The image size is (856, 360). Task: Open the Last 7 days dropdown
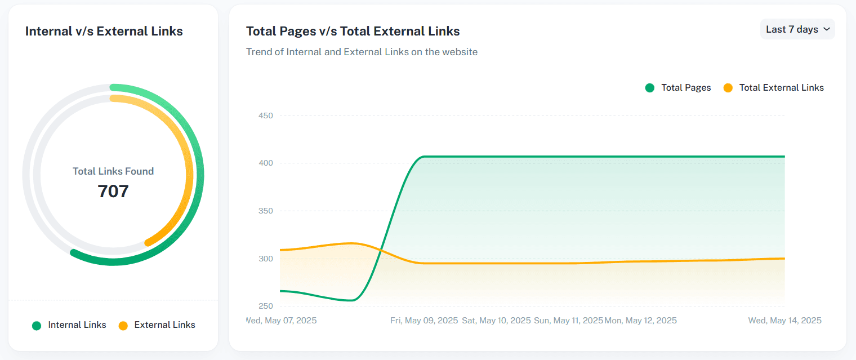[797, 29]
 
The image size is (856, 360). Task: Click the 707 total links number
[113, 192]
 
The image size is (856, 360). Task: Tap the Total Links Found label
[113, 171]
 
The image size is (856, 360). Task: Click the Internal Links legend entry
[69, 325]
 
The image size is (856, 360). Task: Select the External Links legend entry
[157, 325]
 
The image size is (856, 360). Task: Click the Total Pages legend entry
[678, 88]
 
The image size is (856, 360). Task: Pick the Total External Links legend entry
[773, 88]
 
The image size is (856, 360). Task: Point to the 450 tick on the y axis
[266, 115]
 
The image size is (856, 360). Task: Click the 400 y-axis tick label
[266, 163]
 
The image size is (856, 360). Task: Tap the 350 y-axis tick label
[266, 211]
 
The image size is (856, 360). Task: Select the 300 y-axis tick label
[266, 259]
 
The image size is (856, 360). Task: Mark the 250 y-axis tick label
[266, 306]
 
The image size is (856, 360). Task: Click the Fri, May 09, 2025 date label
[424, 320]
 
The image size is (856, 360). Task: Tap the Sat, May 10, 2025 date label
[496, 320]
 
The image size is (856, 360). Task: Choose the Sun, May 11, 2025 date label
[568, 320]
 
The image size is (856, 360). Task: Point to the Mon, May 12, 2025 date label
[640, 320]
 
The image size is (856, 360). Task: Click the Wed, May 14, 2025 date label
[785, 320]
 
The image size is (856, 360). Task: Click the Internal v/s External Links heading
[104, 32]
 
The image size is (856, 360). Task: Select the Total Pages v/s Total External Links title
[353, 32]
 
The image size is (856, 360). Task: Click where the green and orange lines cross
[380, 250]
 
